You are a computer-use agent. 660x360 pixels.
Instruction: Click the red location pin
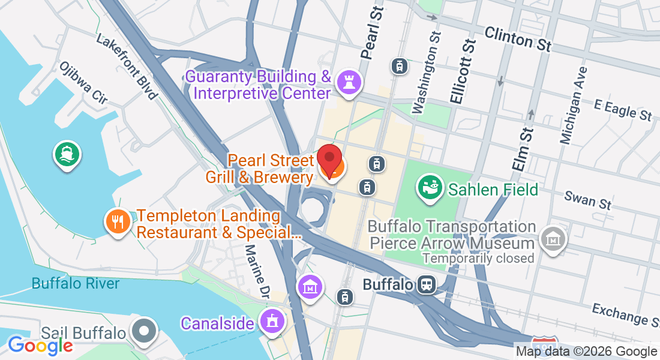pos(329,160)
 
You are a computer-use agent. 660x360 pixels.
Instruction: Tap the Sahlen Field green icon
pos(430,188)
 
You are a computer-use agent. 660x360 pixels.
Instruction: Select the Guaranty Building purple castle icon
pos(347,82)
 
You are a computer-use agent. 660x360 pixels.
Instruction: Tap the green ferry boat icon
pos(67,154)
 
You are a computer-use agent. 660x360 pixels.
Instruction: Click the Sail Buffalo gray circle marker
pos(144,331)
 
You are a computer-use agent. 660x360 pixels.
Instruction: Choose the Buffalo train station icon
pos(427,284)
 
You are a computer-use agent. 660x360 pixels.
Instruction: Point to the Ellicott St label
pos(461,71)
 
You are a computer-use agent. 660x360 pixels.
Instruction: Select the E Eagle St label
pos(622,109)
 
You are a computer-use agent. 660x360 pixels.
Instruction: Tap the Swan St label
pos(588,200)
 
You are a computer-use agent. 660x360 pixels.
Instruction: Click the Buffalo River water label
pos(76,283)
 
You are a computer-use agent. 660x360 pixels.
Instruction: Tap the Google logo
pos(40,345)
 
